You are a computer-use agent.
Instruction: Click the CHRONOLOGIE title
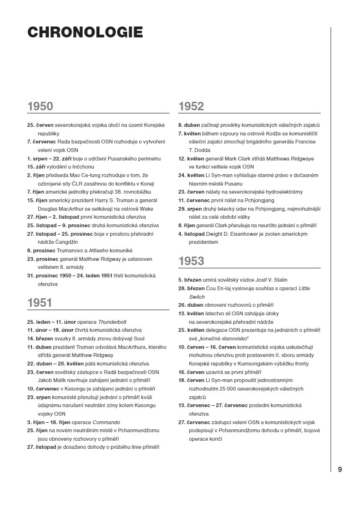[x=85, y=32]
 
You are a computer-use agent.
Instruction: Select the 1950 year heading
[x=40, y=107]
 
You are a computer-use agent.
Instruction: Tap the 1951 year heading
[x=40, y=302]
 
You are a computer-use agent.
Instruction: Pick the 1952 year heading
[x=191, y=107]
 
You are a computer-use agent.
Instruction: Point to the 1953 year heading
[x=191, y=261]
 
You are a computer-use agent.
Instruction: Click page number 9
[x=340, y=470]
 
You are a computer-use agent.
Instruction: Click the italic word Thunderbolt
[x=112, y=321]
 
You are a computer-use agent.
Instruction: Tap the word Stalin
[x=279, y=280]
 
